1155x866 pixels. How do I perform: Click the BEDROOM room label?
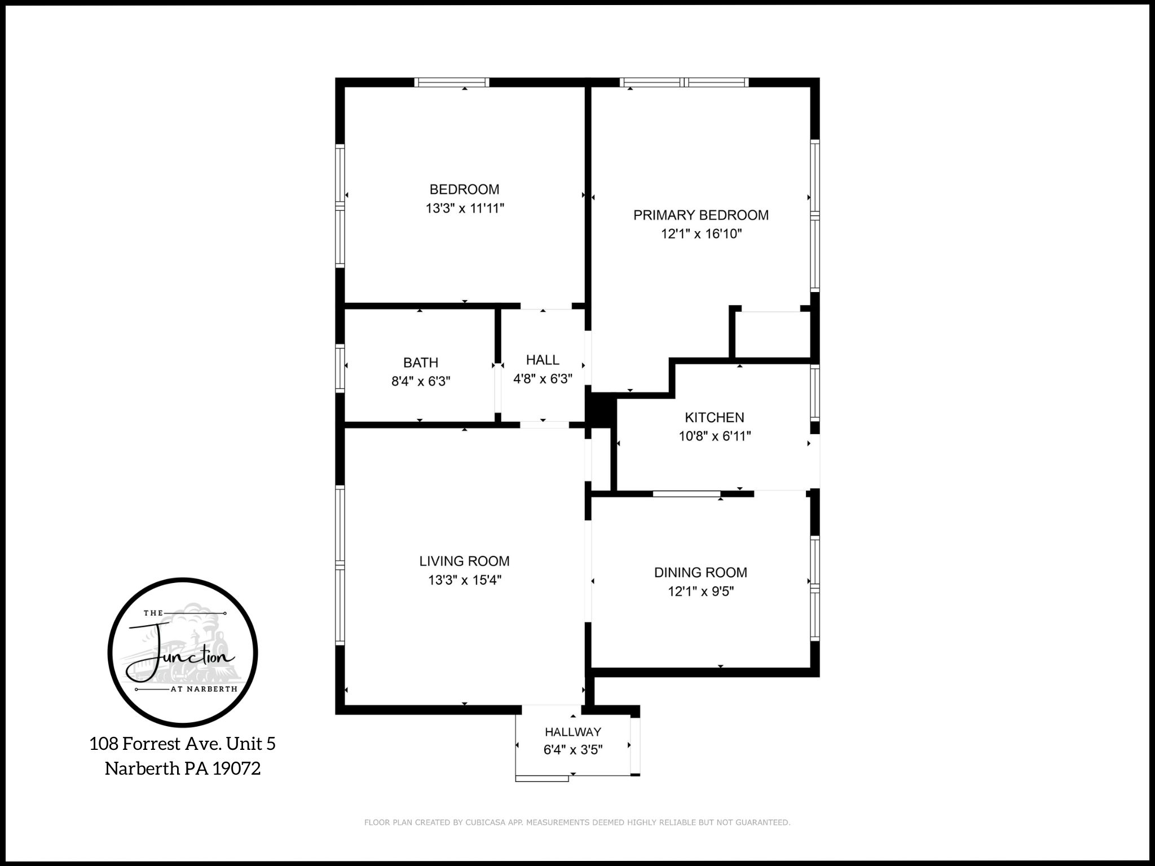[464, 189]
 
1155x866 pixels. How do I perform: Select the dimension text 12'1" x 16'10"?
[701, 234]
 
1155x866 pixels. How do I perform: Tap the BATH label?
[421, 363]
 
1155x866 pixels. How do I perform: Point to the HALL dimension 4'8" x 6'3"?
[543, 379]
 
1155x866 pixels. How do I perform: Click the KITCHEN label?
[714, 417]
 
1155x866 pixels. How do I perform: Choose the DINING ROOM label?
[700, 572]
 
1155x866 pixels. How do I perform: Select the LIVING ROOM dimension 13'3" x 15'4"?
[464, 580]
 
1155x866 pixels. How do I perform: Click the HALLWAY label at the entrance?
[573, 732]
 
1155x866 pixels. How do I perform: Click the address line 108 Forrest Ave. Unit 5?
[182, 744]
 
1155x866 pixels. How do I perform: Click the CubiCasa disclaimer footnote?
[577, 823]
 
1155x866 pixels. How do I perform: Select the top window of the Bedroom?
[452, 83]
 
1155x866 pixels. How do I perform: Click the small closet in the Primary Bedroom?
[772, 334]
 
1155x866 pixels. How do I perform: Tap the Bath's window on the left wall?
[340, 368]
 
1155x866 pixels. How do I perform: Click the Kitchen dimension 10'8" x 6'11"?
[714, 436]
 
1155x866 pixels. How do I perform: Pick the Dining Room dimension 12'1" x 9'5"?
[700, 591]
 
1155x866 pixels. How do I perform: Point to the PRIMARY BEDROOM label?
[701, 215]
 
